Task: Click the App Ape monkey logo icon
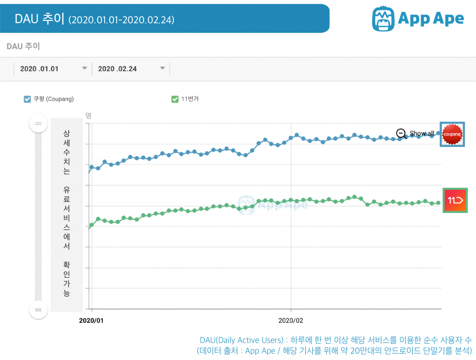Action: coord(383,18)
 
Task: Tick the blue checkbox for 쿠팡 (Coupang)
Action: coord(27,99)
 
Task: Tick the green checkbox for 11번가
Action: coord(175,99)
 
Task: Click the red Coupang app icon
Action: coord(452,134)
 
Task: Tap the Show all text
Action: coord(422,133)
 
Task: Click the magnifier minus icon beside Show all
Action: coord(402,133)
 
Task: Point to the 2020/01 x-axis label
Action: coord(92,321)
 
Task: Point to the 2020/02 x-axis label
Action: coord(291,321)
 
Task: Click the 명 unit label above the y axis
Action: coord(88,115)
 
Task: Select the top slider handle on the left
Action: coord(38,124)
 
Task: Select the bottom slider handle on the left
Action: coord(38,310)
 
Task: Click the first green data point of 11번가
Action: coord(92,225)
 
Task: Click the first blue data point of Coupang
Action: coord(92,167)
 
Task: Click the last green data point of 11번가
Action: coord(438,203)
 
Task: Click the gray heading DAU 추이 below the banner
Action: coord(23,47)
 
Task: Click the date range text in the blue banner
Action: coord(121,20)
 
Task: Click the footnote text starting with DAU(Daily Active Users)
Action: coord(335,340)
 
